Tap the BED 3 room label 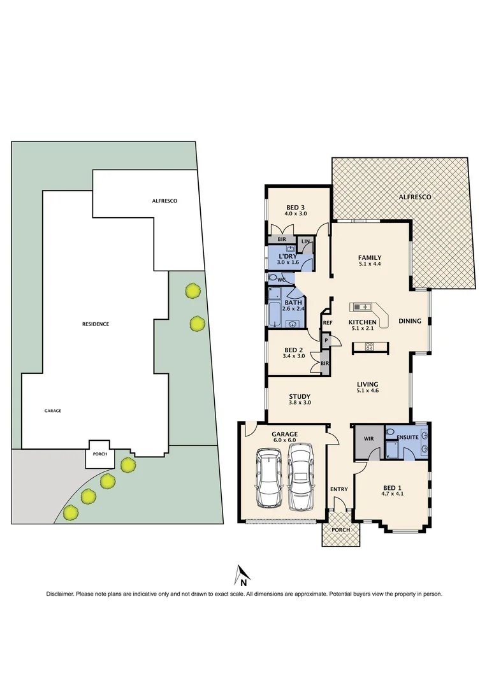tap(296, 207)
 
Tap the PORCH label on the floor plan tap(340, 529)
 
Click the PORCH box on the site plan tap(100, 454)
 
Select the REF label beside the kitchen tap(328, 323)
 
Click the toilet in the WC tap(275, 279)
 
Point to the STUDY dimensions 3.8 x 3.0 tap(299, 402)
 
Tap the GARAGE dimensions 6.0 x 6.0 tap(284, 441)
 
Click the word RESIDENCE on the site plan tap(96, 324)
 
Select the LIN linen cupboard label tap(306, 242)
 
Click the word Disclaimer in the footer tap(60, 594)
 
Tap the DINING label tap(410, 321)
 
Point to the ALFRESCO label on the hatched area tap(416, 197)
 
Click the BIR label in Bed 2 tap(324, 363)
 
